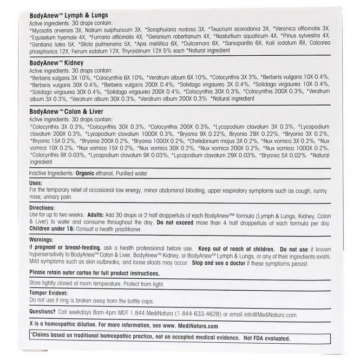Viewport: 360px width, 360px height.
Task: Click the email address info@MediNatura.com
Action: tap(270, 315)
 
